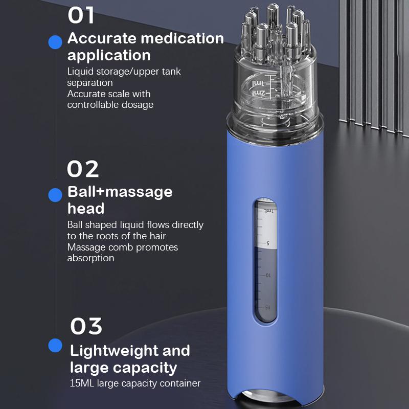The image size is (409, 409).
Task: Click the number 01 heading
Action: pos(81,15)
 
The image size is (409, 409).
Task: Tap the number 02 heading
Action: pos(83,169)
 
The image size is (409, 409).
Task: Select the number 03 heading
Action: pos(86,326)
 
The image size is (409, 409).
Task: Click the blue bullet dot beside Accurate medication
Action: pos(55,42)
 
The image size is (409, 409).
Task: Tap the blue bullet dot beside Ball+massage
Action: pos(55,195)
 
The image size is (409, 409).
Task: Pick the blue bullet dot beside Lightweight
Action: pos(55,346)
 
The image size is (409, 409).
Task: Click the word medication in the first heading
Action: pos(183,38)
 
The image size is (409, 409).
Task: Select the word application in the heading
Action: pos(109,56)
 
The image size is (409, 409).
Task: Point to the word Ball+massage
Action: pos(120,192)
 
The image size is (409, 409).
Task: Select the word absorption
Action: pos(91,258)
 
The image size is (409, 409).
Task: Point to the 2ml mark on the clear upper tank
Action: pos(259,93)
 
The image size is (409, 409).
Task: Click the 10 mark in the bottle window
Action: pos(268,275)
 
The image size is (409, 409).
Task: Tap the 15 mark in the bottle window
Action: pos(267,307)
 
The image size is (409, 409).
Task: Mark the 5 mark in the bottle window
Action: pos(267,243)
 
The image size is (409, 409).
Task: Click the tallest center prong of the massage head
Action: pos(273,16)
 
